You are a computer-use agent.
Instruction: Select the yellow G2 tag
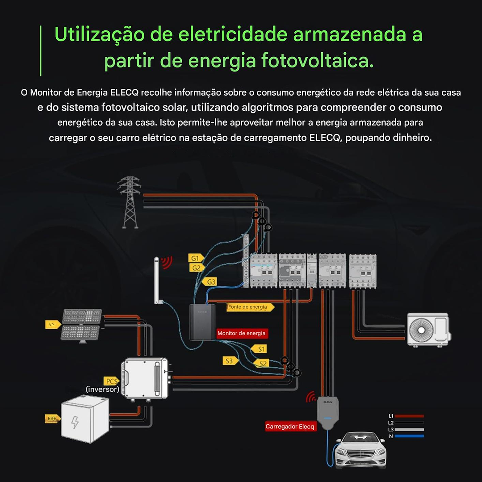tap(196, 268)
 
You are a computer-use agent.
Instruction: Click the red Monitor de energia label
tap(241, 333)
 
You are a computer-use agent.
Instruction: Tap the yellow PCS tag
tap(111, 381)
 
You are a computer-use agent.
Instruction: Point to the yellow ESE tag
tap(52, 419)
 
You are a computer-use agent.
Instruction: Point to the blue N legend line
tap(409, 436)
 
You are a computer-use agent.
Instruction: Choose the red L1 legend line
tap(409, 416)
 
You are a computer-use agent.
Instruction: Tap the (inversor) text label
tap(103, 390)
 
